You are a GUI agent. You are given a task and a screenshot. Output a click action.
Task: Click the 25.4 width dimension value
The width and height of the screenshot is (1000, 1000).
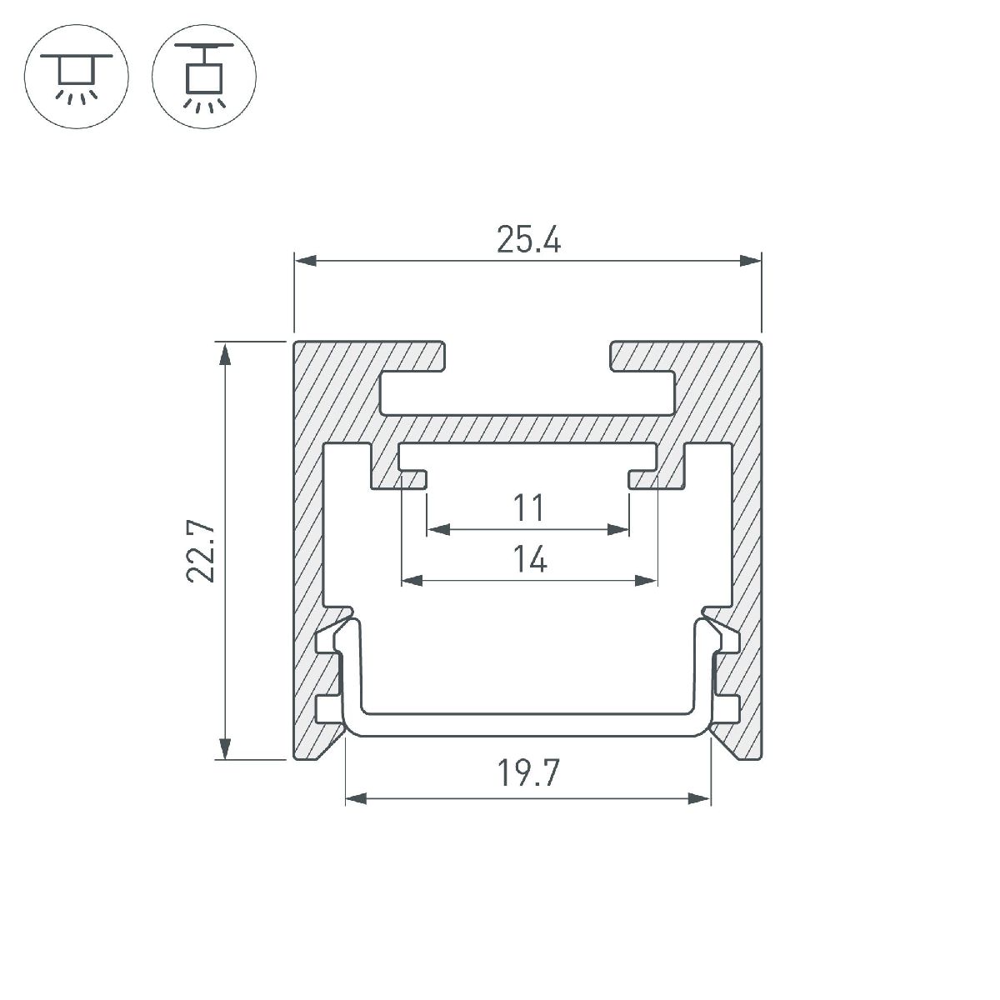pyautogui.click(x=528, y=240)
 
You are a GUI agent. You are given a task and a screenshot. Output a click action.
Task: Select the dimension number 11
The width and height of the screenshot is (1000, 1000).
pyautogui.click(x=528, y=508)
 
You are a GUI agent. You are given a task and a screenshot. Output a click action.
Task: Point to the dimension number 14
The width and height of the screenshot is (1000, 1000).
pyautogui.click(x=530, y=559)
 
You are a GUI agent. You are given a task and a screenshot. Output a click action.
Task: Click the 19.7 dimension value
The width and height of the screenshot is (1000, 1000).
pyautogui.click(x=528, y=773)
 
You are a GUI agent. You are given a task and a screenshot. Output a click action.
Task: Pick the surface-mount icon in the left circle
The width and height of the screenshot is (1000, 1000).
pyautogui.click(x=77, y=77)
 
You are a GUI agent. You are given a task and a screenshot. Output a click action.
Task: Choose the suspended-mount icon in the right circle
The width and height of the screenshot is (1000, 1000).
pyautogui.click(x=204, y=77)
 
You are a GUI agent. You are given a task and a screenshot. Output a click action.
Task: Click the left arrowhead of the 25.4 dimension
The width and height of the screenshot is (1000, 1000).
pyautogui.click(x=305, y=261)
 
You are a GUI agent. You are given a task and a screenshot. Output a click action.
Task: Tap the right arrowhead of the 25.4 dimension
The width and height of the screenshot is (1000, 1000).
pyautogui.click(x=750, y=261)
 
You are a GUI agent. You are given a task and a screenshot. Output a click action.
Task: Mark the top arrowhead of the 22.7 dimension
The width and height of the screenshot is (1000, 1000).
pyautogui.click(x=225, y=354)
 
